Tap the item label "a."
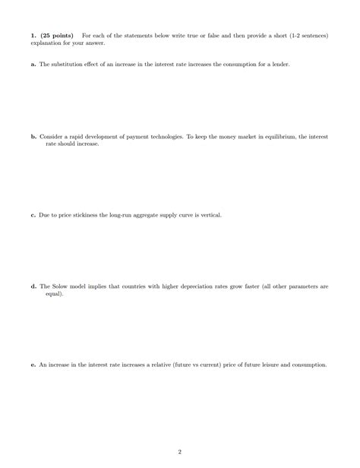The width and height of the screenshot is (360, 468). [33, 65]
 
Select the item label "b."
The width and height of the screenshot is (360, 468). [33, 137]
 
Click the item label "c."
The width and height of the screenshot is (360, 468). [33, 215]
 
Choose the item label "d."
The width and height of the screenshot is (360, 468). [33, 286]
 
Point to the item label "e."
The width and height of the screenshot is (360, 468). [33, 365]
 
